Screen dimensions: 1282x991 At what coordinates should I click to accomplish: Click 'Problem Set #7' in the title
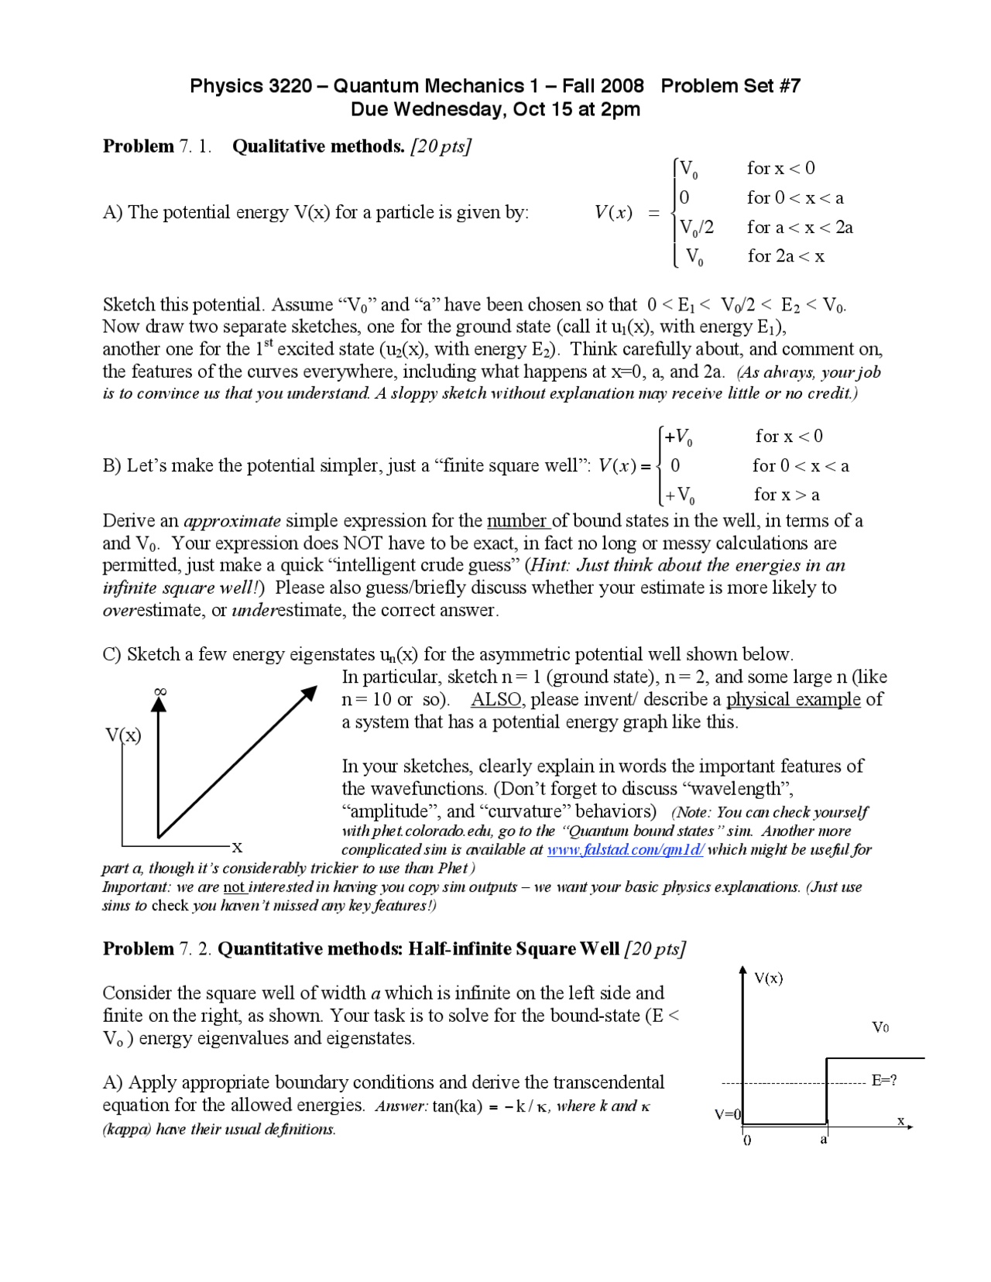coord(730,86)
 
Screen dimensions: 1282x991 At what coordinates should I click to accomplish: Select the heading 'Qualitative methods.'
coord(318,146)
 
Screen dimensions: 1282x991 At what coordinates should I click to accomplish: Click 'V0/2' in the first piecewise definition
coord(696,228)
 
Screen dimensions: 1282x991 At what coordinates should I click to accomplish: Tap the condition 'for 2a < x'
coord(786,256)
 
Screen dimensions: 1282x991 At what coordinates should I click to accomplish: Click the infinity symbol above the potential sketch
coord(160,691)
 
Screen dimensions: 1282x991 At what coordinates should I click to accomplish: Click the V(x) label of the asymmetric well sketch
coord(124,735)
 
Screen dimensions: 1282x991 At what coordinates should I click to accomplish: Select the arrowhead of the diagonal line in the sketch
coord(309,694)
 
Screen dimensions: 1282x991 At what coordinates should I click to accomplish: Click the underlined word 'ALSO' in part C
coord(495,700)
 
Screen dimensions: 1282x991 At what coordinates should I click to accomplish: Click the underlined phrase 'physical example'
coord(793,700)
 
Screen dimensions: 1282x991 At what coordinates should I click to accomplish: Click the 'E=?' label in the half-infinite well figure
coord(884,1080)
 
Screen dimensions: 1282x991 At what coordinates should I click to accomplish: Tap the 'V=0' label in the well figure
coord(727,1114)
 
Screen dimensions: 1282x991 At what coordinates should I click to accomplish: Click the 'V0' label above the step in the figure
coord(880,1027)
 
